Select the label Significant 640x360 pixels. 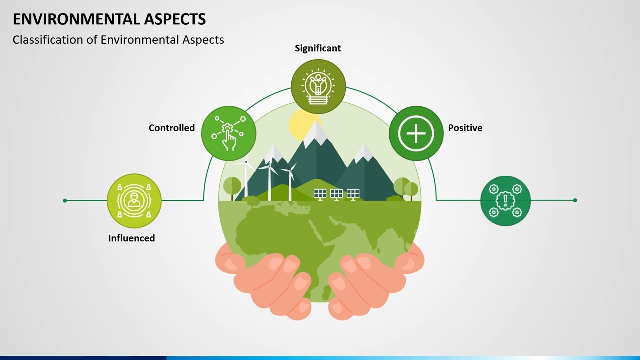[x=318, y=48]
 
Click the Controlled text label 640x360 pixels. [x=172, y=128]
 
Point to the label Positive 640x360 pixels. [x=465, y=128]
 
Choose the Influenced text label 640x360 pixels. [x=132, y=238]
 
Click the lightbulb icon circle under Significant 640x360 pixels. [x=318, y=87]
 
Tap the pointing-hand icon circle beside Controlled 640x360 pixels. [x=229, y=133]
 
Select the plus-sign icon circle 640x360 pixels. [x=416, y=133]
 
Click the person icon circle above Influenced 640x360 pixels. [x=134, y=201]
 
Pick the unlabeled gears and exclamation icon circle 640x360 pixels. [x=505, y=201]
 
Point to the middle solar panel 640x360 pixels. [x=336, y=194]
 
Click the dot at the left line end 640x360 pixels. [x=65, y=201]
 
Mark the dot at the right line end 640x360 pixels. [x=575, y=200]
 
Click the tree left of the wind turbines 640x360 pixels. [x=232, y=186]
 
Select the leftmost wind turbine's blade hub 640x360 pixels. [x=246, y=161]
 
